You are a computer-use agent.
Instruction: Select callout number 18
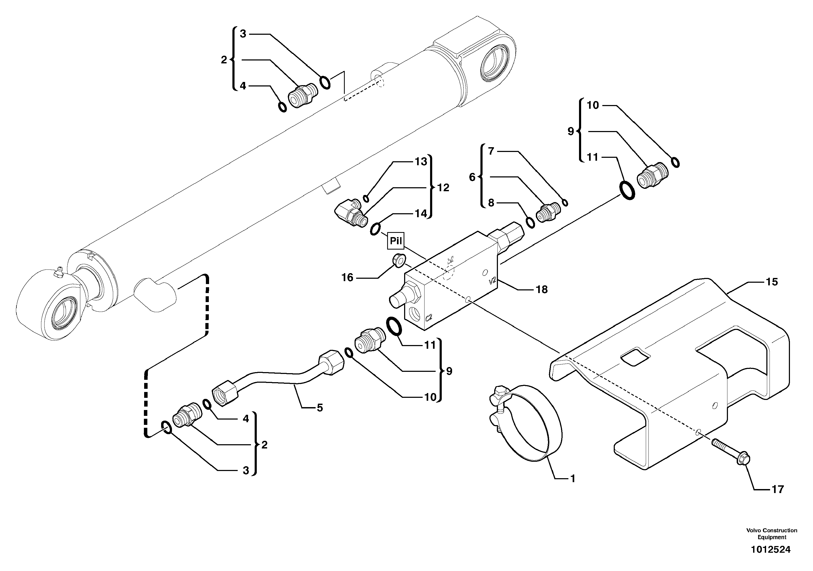(x=541, y=290)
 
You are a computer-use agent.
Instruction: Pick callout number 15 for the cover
(x=772, y=282)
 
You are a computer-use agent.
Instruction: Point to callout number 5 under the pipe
(x=320, y=408)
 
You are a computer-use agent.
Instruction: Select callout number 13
(x=421, y=162)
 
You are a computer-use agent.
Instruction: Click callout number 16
(x=347, y=277)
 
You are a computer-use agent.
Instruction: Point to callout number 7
(x=491, y=151)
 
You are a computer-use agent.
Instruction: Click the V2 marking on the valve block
(x=492, y=281)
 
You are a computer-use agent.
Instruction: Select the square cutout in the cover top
(x=636, y=356)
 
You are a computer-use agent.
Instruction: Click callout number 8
(x=491, y=203)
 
